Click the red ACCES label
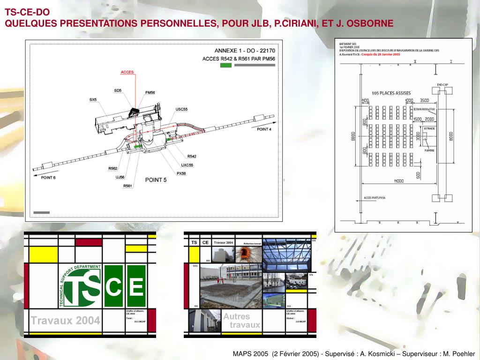coord(127,72)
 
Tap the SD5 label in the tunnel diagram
coord(118,90)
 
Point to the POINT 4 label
coord(264,129)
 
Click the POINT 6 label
coord(48,177)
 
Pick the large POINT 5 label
coord(156,180)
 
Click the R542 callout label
coord(191,156)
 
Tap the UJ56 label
coord(120,177)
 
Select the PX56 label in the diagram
coord(181,173)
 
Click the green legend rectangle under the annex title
coord(225,66)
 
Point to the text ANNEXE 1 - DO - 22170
coord(245,51)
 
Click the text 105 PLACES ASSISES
coord(391,93)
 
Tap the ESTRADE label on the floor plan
coord(429,128)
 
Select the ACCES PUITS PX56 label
coord(375,198)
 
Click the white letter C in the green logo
coord(114,286)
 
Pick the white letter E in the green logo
coord(136,286)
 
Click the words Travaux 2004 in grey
coord(65,321)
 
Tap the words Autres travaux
coord(241,321)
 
